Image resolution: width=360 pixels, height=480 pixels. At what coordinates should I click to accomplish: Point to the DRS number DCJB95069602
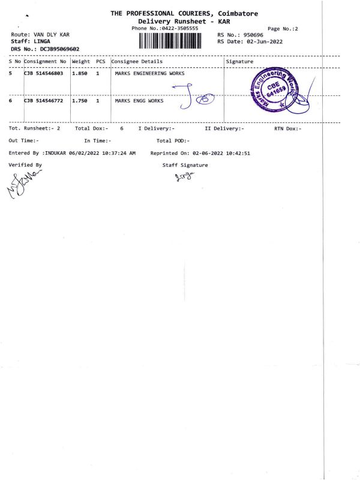(59, 49)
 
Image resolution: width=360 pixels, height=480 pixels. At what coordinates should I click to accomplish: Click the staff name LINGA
(42, 41)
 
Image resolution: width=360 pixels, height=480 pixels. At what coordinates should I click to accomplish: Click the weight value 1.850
(80, 74)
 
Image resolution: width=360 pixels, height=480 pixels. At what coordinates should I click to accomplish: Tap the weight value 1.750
(80, 101)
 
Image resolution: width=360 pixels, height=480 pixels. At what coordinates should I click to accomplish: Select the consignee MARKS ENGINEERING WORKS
(149, 74)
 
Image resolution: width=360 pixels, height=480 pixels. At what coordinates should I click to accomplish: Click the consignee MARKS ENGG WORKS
(139, 101)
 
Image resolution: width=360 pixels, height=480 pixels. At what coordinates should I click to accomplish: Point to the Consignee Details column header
(137, 61)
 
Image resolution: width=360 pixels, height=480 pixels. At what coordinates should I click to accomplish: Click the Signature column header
(240, 61)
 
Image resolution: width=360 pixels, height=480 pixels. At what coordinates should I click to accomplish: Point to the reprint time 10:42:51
(238, 154)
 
